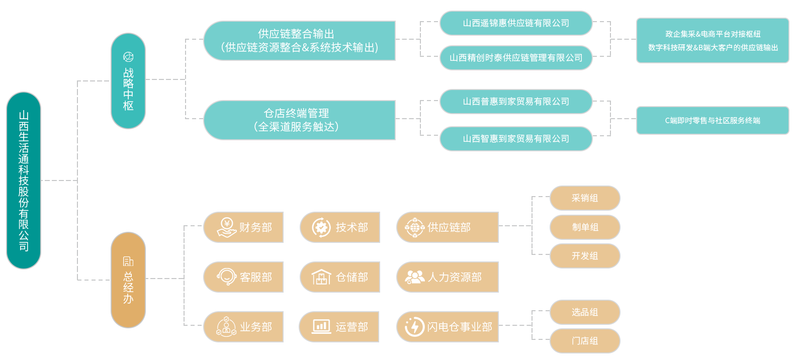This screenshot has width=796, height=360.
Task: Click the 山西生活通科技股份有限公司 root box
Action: coord(24,180)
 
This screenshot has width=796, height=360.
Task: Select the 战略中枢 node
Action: coord(128,81)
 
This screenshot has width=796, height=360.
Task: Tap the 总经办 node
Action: coord(128,280)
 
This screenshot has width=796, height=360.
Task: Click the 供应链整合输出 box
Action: coord(299,41)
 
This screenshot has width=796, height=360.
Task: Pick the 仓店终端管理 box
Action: coord(299,120)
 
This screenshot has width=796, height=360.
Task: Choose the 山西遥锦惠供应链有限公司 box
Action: coord(516,23)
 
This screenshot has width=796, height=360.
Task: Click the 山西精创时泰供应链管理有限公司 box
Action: coord(516,58)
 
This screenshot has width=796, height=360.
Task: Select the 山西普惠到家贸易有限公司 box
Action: coord(516,102)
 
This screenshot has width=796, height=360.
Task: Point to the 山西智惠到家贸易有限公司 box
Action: coord(516,139)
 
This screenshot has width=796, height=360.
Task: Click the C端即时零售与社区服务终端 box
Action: coord(713,121)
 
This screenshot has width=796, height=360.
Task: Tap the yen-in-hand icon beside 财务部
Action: coord(226,227)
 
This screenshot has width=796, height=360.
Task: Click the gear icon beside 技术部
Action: coord(321,227)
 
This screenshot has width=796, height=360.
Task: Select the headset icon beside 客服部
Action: coord(227,277)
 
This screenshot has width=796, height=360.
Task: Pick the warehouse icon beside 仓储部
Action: coord(321,277)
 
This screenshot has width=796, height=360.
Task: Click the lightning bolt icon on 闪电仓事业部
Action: coord(415,327)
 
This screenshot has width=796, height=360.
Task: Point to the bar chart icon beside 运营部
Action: coord(321,327)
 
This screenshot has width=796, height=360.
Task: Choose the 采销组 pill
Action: coord(585,198)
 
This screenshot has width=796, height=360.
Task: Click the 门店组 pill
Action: coord(585,341)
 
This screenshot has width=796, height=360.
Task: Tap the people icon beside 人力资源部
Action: coord(415,277)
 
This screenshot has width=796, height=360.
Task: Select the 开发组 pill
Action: coord(585,256)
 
